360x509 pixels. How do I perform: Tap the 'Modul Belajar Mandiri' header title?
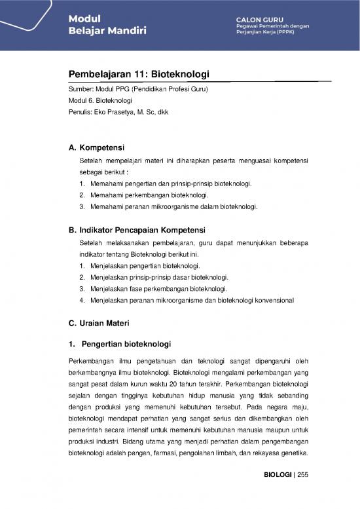pos(108,25)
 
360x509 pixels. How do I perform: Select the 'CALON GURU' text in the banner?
pos(260,18)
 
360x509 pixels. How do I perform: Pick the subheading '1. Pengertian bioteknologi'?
pos(120,343)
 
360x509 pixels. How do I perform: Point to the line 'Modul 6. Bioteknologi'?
pos(100,100)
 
